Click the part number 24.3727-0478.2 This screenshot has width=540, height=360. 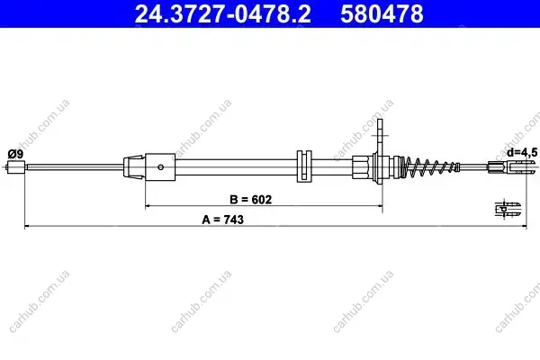(223, 13)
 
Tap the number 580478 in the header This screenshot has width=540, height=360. (382, 13)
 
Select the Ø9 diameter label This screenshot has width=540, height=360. (15, 154)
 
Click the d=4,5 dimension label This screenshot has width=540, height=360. (522, 152)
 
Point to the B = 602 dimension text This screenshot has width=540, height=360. (250, 200)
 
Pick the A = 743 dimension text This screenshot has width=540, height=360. (223, 220)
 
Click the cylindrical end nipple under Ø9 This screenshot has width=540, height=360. (16, 167)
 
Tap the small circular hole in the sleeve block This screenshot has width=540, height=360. (160, 167)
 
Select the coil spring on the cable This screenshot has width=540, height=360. (430, 167)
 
